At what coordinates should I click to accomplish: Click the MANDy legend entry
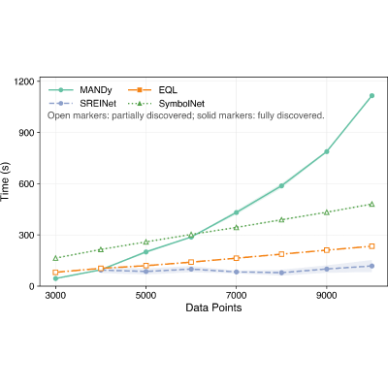click(81, 90)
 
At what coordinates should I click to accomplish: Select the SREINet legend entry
click(82, 104)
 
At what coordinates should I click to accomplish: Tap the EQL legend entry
click(152, 90)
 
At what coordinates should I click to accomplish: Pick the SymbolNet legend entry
click(166, 104)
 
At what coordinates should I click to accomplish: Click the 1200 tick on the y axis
click(24, 81)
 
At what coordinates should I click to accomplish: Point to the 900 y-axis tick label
click(27, 133)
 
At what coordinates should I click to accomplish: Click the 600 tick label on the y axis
click(27, 183)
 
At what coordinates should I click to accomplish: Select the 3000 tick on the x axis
click(55, 296)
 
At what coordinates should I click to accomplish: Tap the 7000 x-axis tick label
click(236, 296)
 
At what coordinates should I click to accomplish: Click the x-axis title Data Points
click(213, 307)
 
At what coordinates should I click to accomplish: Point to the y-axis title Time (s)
click(6, 181)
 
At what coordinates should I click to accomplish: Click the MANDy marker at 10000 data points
click(372, 96)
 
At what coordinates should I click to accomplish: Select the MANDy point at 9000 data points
click(327, 151)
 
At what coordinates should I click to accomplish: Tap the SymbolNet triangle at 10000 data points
click(372, 204)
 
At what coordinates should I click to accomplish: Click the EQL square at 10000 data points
click(372, 246)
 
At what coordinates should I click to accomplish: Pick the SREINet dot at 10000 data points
click(372, 266)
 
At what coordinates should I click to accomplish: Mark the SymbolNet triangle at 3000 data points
click(55, 258)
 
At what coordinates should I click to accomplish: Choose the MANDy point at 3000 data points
click(55, 278)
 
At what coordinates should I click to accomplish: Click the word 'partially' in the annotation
click(128, 115)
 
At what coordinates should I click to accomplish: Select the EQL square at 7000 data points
click(236, 258)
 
